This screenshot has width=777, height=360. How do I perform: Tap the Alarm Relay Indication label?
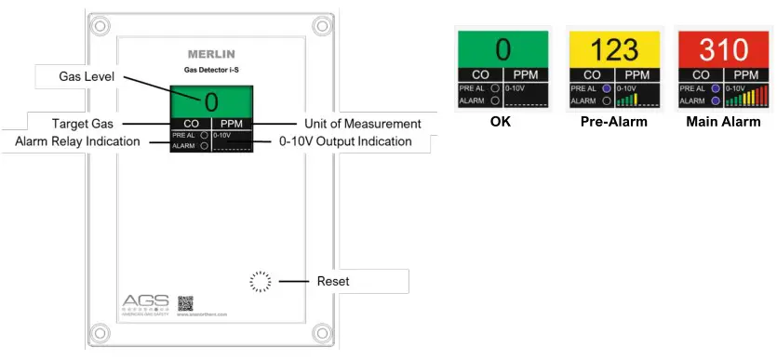click(x=78, y=141)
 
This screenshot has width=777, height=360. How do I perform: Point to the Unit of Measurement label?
click(x=362, y=123)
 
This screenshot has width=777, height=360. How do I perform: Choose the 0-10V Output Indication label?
click(x=345, y=141)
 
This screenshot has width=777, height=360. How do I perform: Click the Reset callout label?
click(x=333, y=280)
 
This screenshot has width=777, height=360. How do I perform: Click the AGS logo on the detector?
click(x=146, y=300)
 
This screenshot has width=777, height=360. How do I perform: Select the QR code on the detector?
click(x=185, y=302)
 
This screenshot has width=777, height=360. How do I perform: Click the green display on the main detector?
click(x=211, y=100)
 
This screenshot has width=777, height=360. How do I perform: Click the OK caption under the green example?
click(x=503, y=122)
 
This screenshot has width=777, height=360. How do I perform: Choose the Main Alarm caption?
click(x=723, y=122)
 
